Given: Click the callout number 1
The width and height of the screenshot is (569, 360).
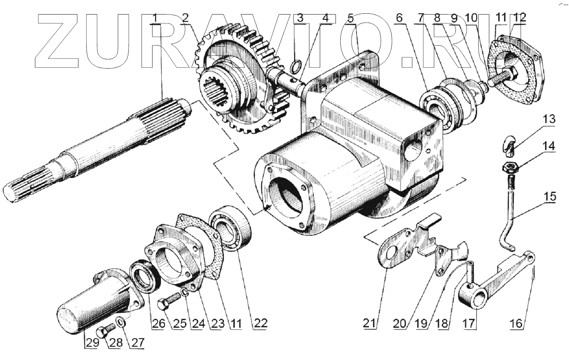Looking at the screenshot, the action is pyautogui.click(x=155, y=18).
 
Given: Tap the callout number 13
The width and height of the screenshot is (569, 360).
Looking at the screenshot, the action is pyautogui.click(x=548, y=120).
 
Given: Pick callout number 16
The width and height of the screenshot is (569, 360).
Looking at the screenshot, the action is pyautogui.click(x=517, y=322).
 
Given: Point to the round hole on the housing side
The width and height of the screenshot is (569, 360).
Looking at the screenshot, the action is pyautogui.click(x=413, y=151).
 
